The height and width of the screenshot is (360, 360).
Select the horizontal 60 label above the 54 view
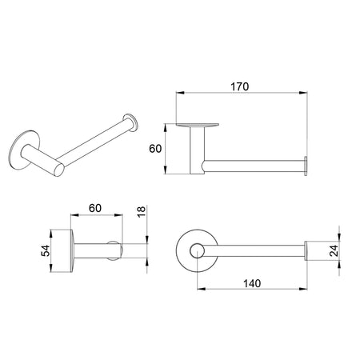tap(94, 208)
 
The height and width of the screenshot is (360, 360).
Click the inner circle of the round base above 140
tap(194, 254)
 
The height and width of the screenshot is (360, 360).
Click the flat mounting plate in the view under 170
tap(195, 125)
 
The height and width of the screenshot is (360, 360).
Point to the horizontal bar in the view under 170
tap(252, 166)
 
